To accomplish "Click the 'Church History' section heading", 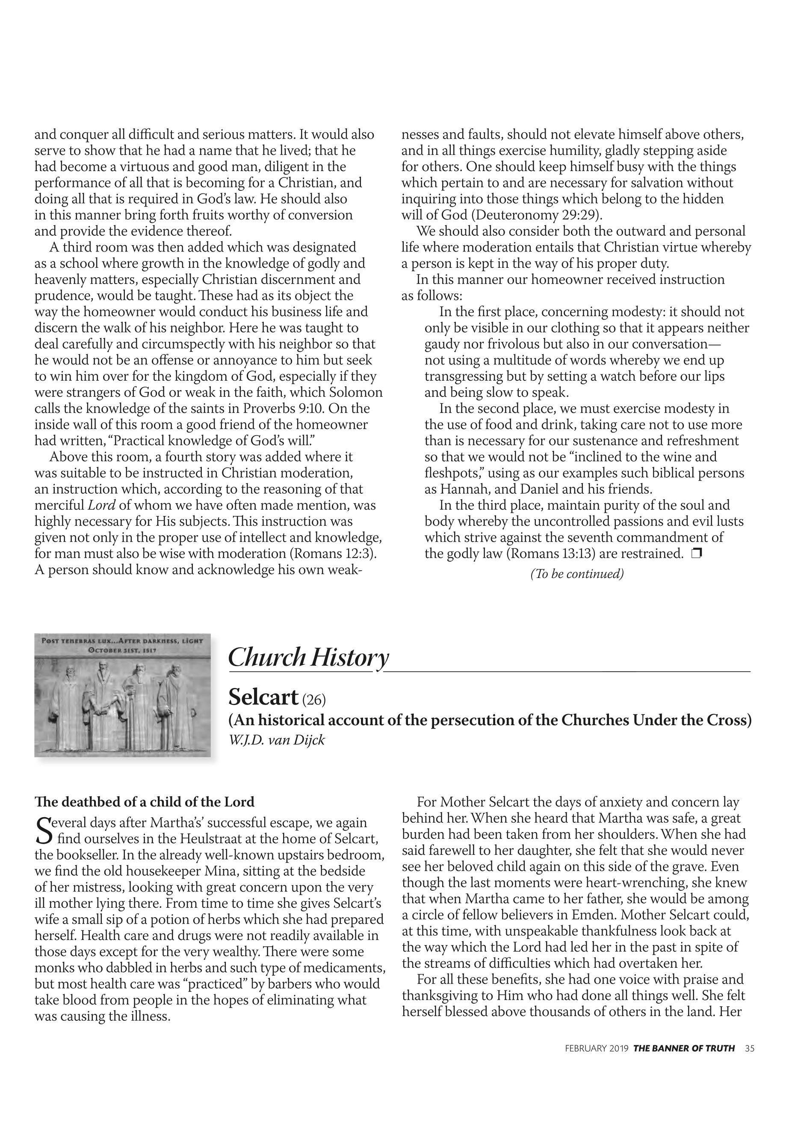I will tap(308, 658).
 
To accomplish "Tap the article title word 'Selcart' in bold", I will tap(263, 697).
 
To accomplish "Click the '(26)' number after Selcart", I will tap(313, 699).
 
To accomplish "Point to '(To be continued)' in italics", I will tap(576, 574).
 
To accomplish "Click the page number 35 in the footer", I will tap(750, 1062).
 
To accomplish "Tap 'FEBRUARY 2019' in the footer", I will tap(597, 1062).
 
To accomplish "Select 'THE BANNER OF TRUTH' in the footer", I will tap(684, 1062).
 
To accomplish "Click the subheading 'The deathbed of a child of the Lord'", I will tap(145, 802).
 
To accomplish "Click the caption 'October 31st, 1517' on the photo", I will tap(122, 650).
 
